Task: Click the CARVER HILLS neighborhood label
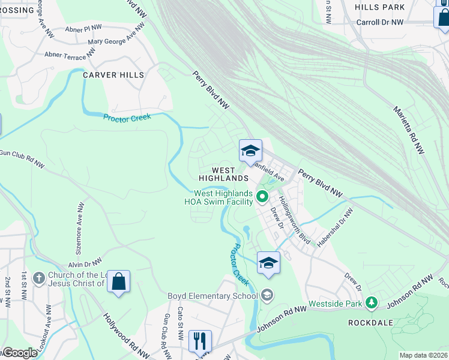(x=113, y=75)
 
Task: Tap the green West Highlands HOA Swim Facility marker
(x=262, y=196)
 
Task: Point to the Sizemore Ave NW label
(x=80, y=221)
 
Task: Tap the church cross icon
(x=39, y=278)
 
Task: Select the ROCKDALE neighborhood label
(x=371, y=322)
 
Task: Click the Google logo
(x=20, y=353)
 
